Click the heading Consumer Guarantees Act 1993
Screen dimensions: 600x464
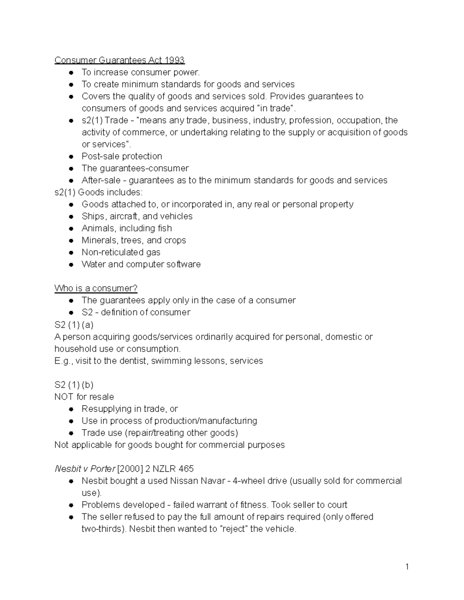(119, 60)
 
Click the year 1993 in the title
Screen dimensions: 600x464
(175, 60)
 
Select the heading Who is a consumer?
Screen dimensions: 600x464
(96, 288)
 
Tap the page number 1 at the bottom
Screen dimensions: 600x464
(407, 567)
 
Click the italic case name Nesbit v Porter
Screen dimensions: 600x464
(85, 469)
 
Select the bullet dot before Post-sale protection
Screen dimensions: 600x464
(71, 156)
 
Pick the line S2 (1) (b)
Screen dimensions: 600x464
(74, 385)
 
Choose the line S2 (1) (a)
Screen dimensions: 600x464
(74, 325)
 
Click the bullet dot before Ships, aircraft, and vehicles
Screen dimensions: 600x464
(71, 216)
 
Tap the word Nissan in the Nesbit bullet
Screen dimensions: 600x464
(183, 481)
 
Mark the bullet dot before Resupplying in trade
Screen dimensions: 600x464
(71, 409)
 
